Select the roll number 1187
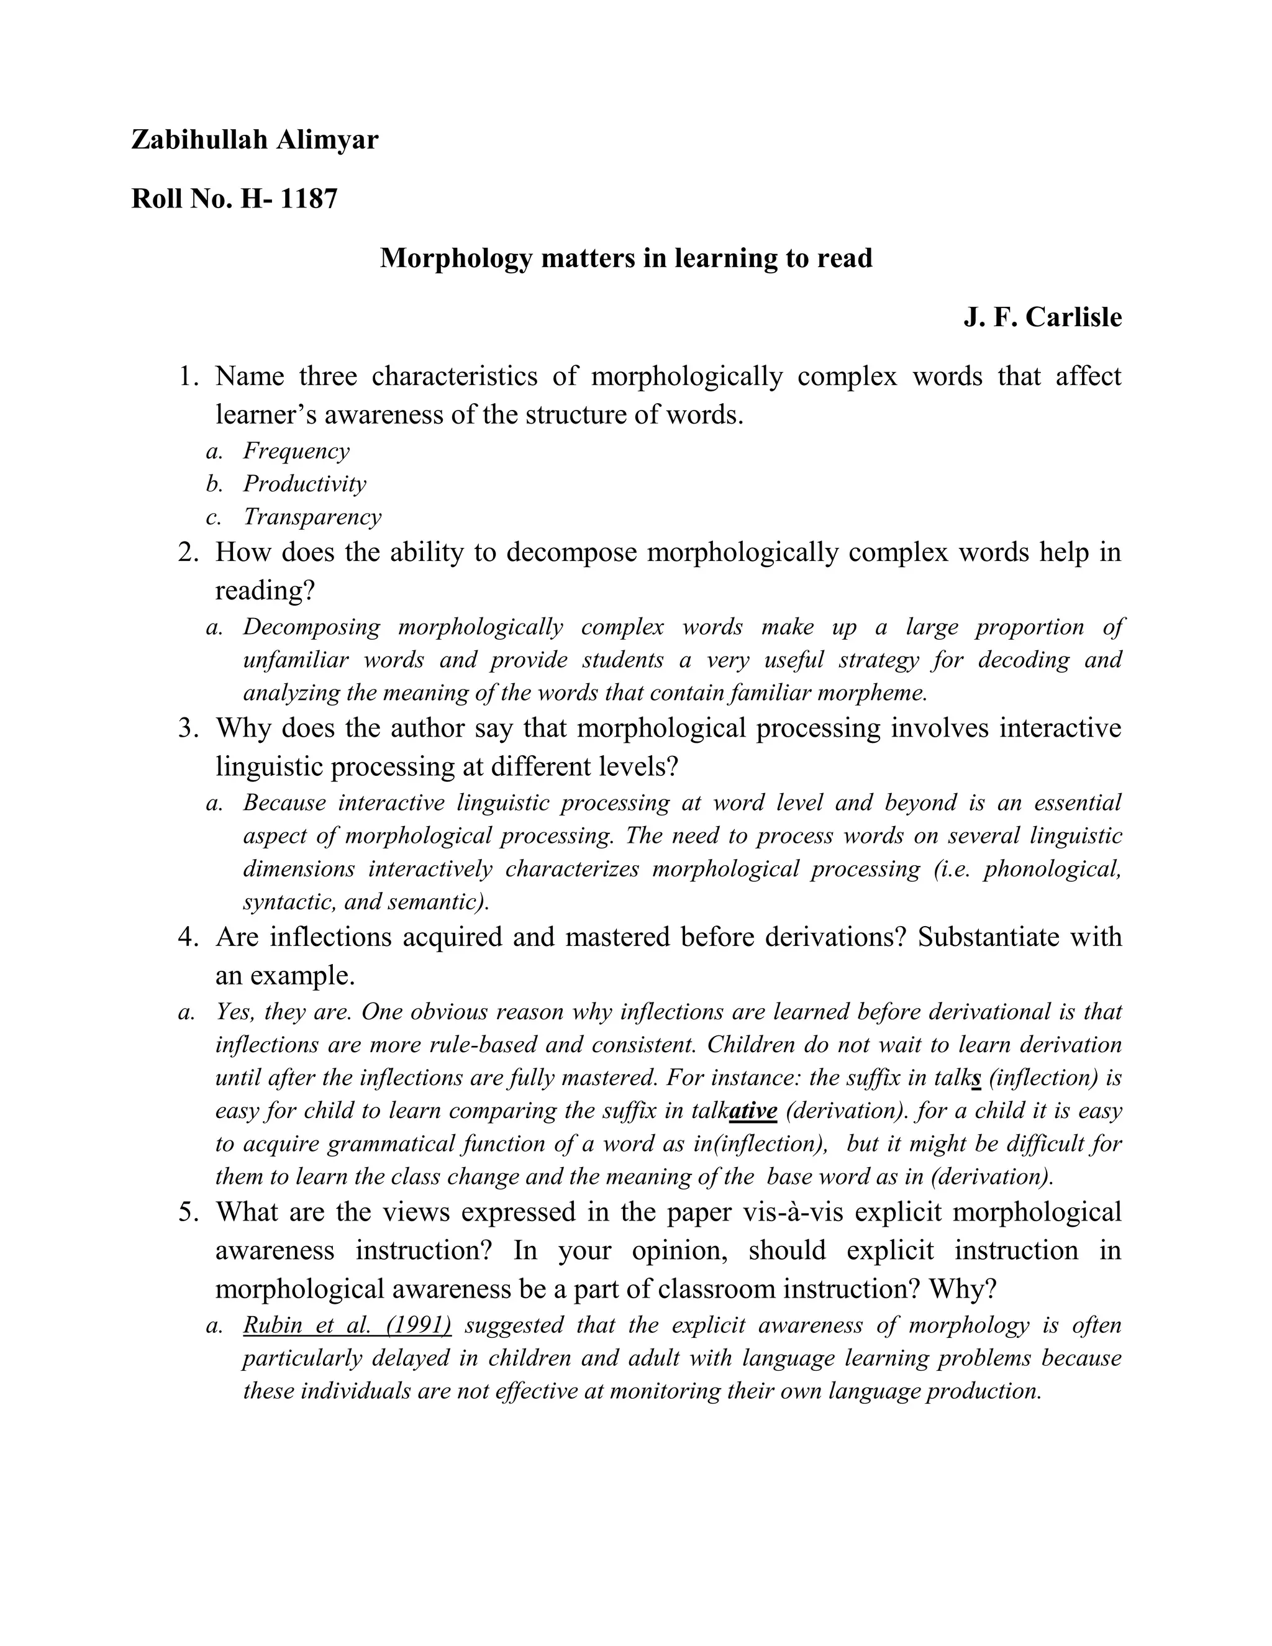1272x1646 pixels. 308,198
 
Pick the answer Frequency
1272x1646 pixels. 296,451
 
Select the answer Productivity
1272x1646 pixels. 304,484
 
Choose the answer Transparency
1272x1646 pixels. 312,517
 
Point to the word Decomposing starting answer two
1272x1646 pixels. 311,627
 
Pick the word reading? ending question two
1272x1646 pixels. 265,591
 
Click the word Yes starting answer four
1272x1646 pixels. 232,1011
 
